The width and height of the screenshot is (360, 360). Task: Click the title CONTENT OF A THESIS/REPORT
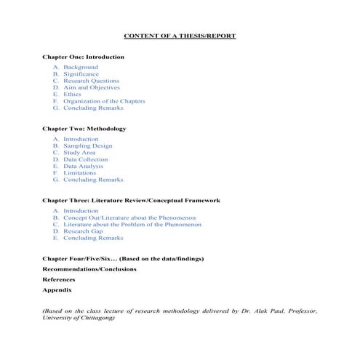click(180, 36)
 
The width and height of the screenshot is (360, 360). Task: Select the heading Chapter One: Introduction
click(83, 57)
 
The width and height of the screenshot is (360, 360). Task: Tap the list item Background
click(80, 67)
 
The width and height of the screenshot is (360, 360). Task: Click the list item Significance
click(81, 74)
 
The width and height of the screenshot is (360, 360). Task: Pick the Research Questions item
click(91, 81)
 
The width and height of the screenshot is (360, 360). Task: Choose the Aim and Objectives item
click(91, 87)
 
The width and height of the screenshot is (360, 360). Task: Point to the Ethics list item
click(72, 95)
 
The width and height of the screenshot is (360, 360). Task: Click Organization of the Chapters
click(104, 101)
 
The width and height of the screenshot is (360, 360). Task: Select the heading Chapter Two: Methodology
click(84, 129)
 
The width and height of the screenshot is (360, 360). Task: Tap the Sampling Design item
click(87, 145)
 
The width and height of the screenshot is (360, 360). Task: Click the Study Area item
click(79, 153)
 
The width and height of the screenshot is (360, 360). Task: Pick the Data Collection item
click(85, 159)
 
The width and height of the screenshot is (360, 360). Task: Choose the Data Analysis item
click(83, 167)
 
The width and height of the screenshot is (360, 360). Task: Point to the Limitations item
click(79, 173)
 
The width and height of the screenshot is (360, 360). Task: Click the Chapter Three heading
click(131, 200)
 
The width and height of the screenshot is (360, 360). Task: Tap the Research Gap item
click(83, 231)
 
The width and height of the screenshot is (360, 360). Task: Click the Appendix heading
click(57, 289)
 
